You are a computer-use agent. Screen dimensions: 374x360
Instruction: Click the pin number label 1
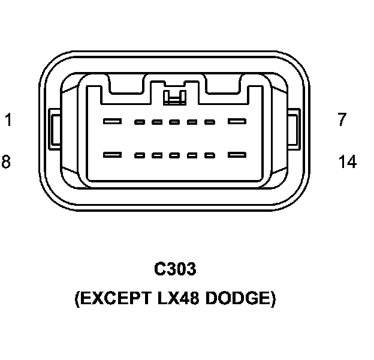click(x=8, y=120)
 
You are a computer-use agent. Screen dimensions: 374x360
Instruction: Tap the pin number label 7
click(x=342, y=120)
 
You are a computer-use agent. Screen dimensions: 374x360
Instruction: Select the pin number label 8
click(x=6, y=162)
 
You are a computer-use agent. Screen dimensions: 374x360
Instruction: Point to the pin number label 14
click(x=347, y=162)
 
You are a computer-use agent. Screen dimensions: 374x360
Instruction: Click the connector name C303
click(x=175, y=269)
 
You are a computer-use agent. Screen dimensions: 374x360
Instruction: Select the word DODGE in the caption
click(x=240, y=299)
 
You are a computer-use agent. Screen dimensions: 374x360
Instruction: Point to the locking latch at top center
click(x=174, y=96)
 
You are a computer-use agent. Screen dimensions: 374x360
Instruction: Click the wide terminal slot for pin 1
click(x=112, y=122)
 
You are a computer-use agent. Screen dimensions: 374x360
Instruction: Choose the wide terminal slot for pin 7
click(x=237, y=122)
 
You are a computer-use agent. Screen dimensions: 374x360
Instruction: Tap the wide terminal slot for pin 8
click(x=112, y=155)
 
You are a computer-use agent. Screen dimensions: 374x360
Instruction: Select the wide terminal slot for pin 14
click(x=237, y=155)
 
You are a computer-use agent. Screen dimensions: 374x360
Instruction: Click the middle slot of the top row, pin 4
click(x=175, y=122)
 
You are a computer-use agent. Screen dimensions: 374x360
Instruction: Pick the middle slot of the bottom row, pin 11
click(x=175, y=155)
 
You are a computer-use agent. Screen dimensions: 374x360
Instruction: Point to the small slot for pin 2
click(x=140, y=122)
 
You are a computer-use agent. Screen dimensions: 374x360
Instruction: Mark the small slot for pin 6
click(x=210, y=122)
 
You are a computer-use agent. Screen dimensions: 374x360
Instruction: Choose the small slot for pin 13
click(x=210, y=155)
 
